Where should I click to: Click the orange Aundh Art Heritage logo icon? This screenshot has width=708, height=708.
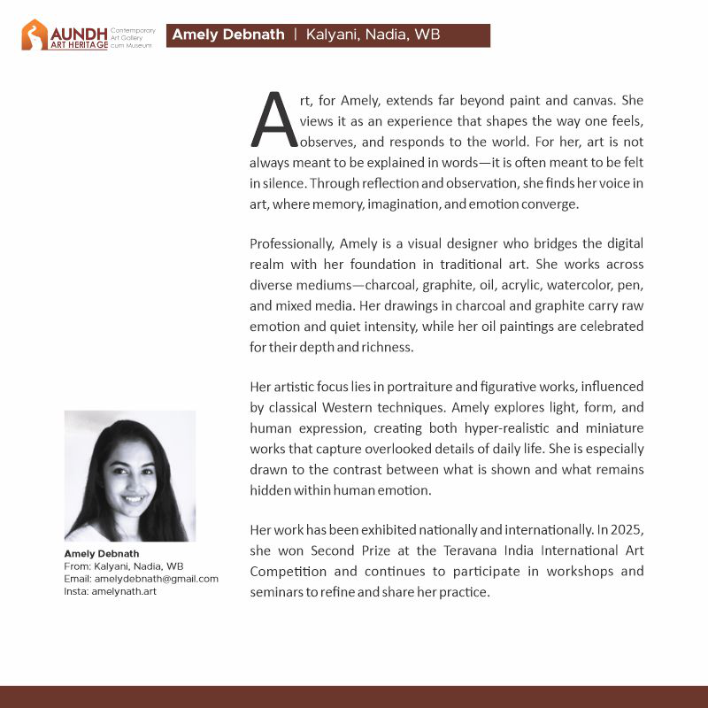tap(35, 35)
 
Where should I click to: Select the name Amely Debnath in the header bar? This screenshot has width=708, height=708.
tap(228, 35)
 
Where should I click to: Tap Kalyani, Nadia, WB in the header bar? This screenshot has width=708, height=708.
tap(373, 35)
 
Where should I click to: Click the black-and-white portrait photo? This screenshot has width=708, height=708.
tap(130, 475)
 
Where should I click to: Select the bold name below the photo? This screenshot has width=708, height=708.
tap(102, 554)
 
